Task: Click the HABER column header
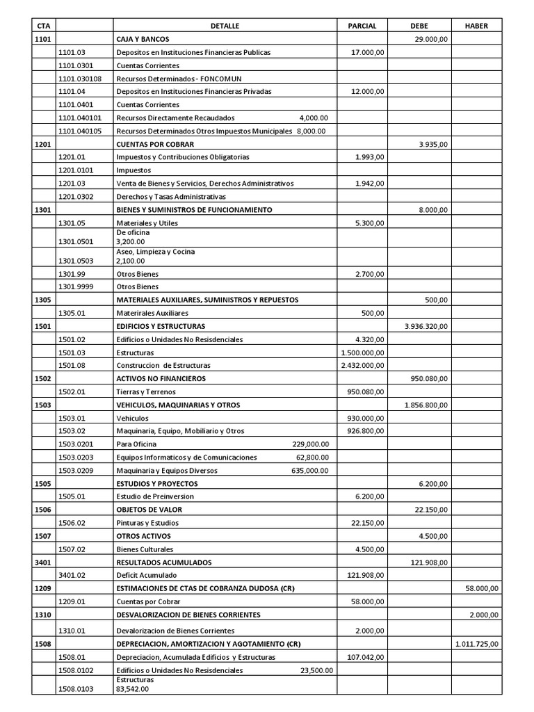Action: [476, 26]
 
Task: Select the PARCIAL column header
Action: [362, 26]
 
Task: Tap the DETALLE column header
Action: [225, 26]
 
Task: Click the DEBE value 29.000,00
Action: [430, 39]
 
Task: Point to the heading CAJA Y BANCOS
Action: [143, 39]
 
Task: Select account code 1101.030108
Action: [80, 79]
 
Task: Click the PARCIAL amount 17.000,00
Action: [366, 52]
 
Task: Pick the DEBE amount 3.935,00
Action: [434, 144]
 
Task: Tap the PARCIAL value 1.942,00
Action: [369, 184]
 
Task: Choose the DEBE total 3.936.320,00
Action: [426, 325]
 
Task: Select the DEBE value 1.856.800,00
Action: [426, 405]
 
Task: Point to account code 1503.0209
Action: [78, 471]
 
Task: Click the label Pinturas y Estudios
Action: [147, 523]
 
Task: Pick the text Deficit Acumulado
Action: [147, 575]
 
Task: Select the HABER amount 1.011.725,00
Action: [476, 644]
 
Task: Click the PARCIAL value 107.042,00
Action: [365, 657]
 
